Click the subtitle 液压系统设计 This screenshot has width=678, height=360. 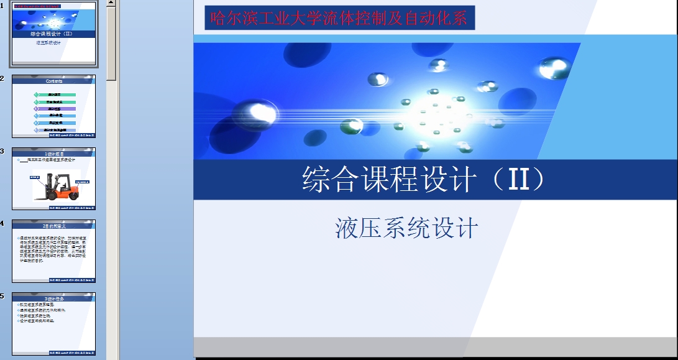tap(406, 228)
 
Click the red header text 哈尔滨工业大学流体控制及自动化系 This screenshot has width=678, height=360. tap(339, 18)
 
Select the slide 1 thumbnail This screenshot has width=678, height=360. tap(53, 34)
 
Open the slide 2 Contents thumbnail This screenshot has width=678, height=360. tap(53, 106)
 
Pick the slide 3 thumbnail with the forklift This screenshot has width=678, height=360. tap(53, 178)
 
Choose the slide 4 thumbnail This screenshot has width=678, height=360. tap(53, 251)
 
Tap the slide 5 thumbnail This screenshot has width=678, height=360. tap(53, 323)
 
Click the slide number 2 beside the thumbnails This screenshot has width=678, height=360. tap(2, 78)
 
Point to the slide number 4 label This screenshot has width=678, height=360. tap(2, 223)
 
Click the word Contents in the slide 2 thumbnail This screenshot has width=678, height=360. tap(54, 81)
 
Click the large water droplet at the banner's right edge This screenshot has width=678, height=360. tap(554, 67)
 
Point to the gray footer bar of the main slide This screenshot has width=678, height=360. tap(435, 346)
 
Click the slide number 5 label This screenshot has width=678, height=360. tap(2, 295)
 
